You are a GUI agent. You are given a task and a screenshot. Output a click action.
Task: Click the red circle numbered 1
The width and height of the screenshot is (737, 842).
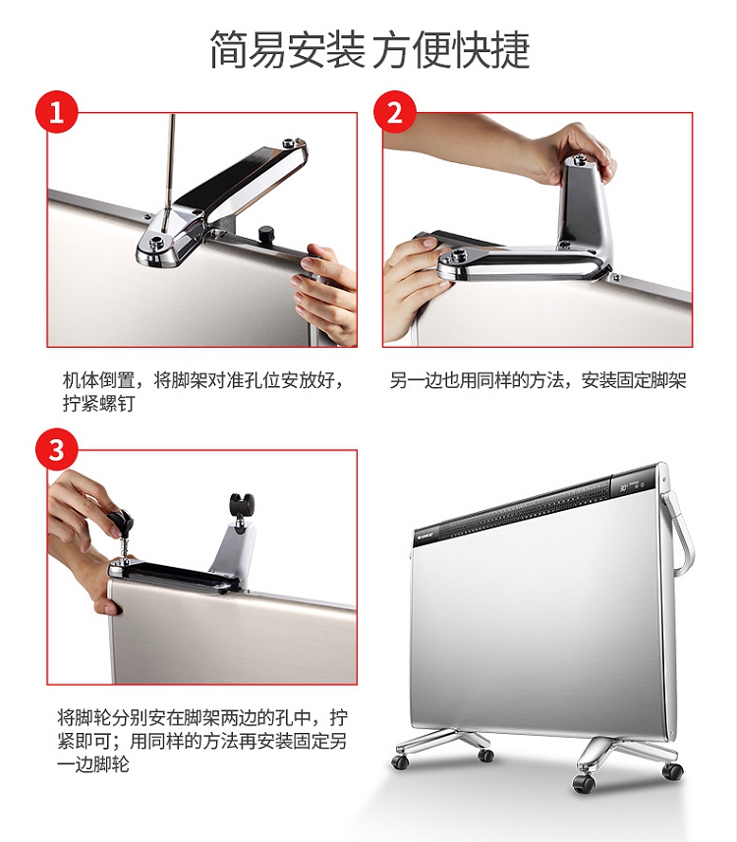pos(57,113)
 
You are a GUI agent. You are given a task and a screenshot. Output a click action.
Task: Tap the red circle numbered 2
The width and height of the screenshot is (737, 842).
pos(395,113)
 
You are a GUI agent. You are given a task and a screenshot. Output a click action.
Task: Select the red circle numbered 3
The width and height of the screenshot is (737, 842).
pos(57,449)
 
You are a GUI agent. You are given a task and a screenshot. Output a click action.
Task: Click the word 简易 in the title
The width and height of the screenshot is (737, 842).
pos(248,49)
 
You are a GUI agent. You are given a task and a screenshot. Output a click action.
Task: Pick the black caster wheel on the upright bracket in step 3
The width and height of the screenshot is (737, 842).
pos(242,506)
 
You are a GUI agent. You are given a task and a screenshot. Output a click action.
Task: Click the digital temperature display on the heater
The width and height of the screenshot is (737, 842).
pos(624,488)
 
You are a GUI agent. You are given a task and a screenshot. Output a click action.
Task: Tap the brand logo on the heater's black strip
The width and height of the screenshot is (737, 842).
pos(425,535)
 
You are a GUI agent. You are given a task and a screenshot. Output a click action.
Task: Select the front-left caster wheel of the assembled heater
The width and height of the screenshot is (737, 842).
pos(400,762)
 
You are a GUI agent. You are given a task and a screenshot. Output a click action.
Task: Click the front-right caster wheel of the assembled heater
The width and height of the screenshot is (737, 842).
pos(584,784)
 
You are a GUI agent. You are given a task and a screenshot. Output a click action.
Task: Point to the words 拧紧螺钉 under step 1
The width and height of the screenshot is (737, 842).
pos(98,403)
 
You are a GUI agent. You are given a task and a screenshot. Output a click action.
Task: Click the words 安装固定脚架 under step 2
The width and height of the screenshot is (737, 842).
pos(634,381)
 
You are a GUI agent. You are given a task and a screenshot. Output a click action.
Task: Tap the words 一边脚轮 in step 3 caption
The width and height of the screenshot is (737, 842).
pos(93,763)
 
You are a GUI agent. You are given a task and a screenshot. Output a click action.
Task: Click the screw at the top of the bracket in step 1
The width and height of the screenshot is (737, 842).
pos(291,142)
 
